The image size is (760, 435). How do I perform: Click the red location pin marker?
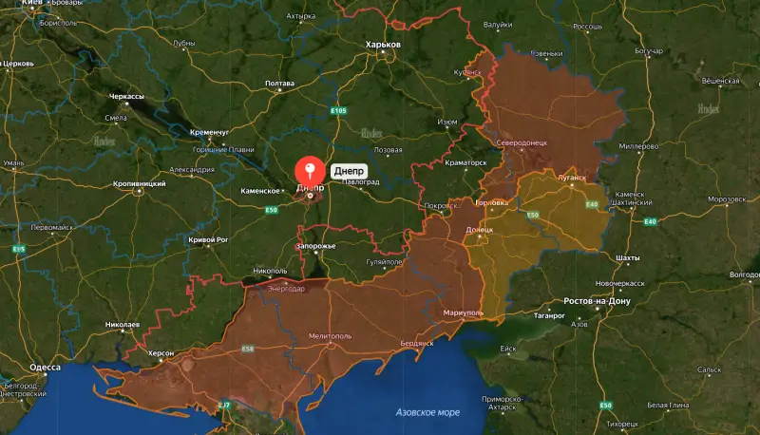[x=310, y=171]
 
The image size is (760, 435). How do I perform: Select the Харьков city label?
[x=384, y=45]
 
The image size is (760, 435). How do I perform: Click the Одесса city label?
[x=45, y=367]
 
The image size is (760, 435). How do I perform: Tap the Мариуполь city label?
[x=464, y=312]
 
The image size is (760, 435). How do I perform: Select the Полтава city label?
[x=280, y=84]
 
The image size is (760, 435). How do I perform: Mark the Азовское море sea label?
[x=427, y=412]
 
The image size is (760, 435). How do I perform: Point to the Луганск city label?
[x=571, y=177]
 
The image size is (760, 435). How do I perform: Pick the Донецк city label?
[x=480, y=230]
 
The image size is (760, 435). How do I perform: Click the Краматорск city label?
[x=465, y=162]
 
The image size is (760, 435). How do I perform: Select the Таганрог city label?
[x=550, y=313]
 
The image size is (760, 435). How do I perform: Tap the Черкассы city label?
[x=126, y=97]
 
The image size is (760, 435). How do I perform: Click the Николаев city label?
[x=123, y=325]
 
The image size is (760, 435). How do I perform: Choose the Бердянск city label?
[x=416, y=342]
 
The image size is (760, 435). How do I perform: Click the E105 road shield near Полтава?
[x=339, y=112]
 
